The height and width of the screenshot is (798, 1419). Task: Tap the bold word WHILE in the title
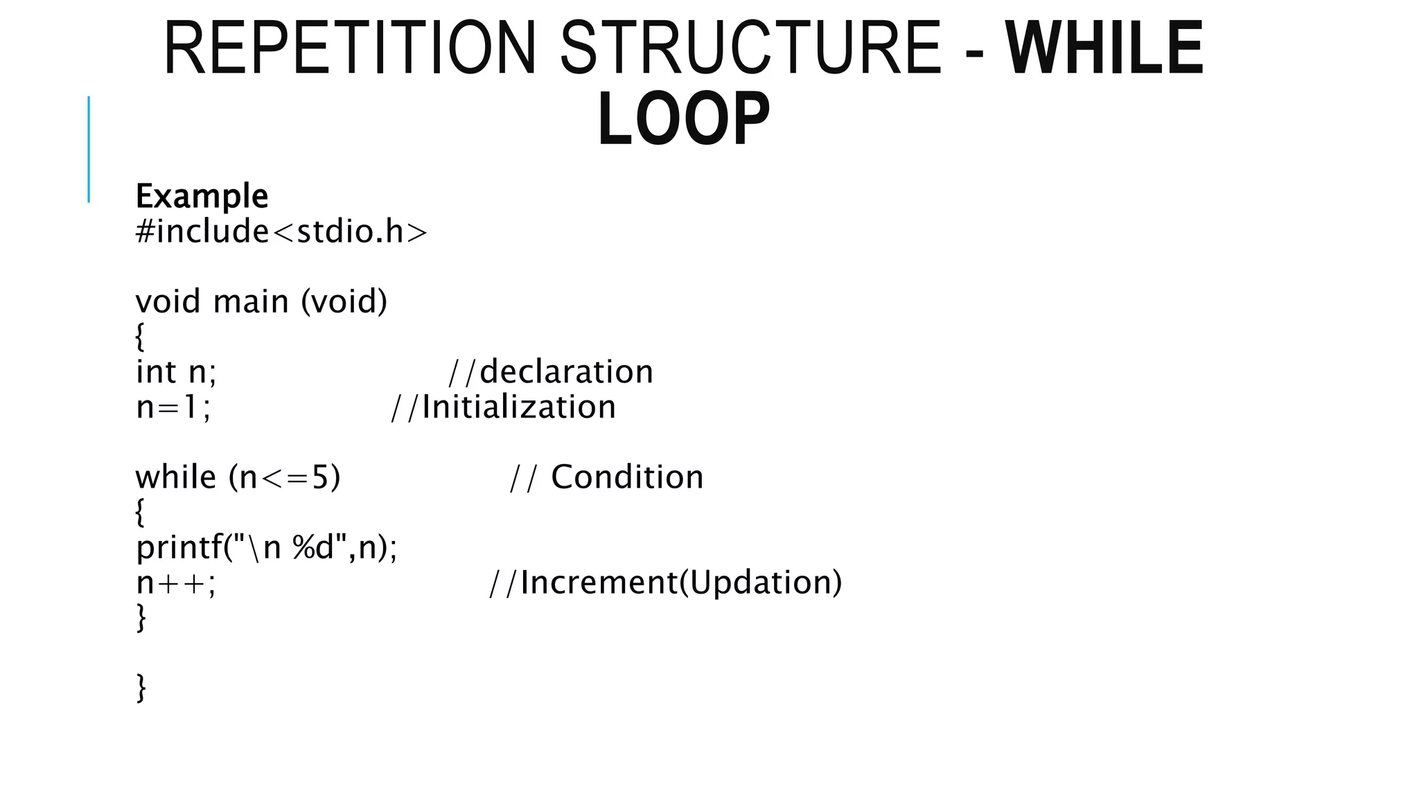click(x=1104, y=48)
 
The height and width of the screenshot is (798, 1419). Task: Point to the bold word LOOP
click(x=683, y=119)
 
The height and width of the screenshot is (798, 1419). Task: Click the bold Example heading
click(x=202, y=196)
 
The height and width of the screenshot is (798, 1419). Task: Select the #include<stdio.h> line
click(x=281, y=231)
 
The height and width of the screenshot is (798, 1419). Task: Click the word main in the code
click(x=250, y=302)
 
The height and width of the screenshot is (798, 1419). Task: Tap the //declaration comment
click(x=551, y=372)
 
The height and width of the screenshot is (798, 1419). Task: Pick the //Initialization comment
click(x=503, y=407)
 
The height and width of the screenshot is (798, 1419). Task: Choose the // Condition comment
click(x=606, y=477)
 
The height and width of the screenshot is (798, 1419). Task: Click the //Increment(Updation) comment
click(x=665, y=583)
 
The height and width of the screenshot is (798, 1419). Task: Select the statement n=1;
click(x=173, y=407)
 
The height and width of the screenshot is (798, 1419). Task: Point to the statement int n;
click(x=176, y=372)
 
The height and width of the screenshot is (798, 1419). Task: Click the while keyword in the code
click(x=175, y=477)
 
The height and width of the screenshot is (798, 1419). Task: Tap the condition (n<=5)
click(x=285, y=477)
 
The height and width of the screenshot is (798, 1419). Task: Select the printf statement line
click(x=267, y=548)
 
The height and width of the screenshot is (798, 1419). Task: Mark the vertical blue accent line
click(x=89, y=149)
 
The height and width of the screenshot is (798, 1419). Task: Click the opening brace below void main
click(x=140, y=337)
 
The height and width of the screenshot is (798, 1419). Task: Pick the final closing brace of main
click(x=141, y=688)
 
